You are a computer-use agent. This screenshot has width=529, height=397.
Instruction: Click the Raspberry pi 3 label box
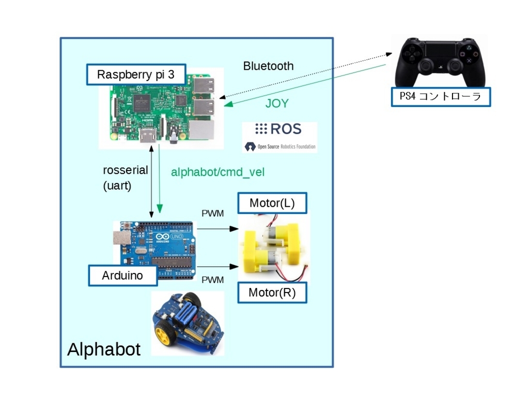[136, 74]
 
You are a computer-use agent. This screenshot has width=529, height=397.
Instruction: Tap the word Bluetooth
[268, 66]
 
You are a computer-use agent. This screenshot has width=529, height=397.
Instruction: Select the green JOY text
[277, 103]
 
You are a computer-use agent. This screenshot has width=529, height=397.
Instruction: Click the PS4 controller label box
[440, 97]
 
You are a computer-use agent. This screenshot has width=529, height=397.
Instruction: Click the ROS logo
[279, 129]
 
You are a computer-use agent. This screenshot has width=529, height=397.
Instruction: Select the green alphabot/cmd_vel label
[217, 172]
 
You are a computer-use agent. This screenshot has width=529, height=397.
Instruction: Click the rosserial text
[126, 170]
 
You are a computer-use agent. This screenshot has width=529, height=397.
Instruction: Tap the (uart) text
[117, 186]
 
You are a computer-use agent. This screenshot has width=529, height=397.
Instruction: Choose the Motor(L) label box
[272, 203]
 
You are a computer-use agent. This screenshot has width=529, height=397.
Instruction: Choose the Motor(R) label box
[272, 293]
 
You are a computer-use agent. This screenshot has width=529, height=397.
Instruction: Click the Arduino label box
[122, 276]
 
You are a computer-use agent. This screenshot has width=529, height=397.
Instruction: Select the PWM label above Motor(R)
[212, 280]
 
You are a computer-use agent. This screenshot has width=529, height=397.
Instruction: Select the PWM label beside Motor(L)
[212, 213]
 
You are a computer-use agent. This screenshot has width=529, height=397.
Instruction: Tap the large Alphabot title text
[103, 349]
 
